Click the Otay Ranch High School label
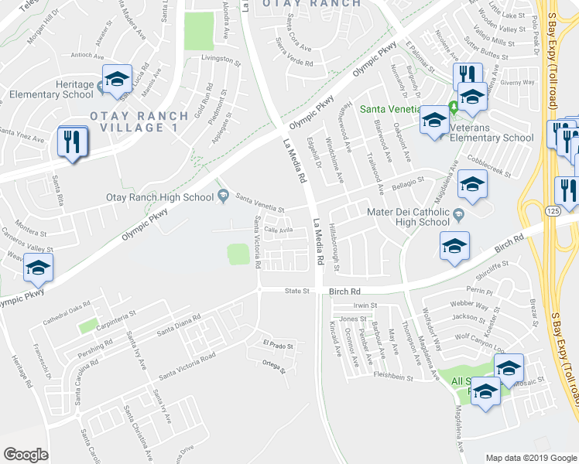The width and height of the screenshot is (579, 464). (x=159, y=197)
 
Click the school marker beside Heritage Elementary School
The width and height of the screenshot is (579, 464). (x=116, y=80)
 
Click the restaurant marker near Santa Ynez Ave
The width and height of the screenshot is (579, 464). (x=71, y=142)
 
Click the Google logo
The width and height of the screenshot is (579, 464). (x=26, y=455)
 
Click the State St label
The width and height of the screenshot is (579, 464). (x=296, y=292)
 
